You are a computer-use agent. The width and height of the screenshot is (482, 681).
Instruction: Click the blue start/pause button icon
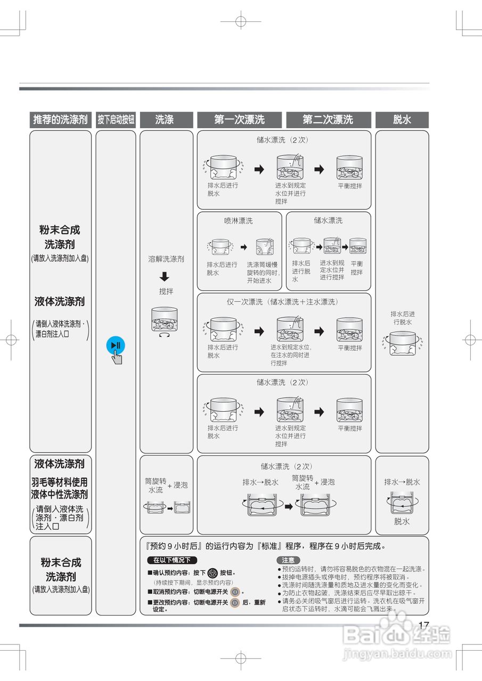pos(116,345)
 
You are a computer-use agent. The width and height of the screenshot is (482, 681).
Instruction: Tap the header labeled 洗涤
pos(165,120)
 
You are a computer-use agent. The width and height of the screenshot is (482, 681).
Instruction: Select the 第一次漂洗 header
pos(240,120)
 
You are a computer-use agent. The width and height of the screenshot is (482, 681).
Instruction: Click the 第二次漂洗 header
pos(328,120)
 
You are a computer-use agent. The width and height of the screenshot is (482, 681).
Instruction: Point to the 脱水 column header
pos(402,120)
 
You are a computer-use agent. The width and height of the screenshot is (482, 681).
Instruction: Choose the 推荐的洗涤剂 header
pos(60,120)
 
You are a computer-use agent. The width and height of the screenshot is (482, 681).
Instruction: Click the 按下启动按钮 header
pos(116,120)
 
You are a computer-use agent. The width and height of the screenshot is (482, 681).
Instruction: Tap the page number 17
pos(424,626)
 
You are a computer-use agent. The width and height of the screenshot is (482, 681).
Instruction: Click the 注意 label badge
pos(288,560)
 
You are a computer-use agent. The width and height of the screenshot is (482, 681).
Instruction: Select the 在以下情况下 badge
pos(171,560)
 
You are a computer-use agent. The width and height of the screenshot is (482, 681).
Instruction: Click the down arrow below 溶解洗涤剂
pos(165,277)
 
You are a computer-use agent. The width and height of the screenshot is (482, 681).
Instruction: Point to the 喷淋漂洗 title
pos(238,221)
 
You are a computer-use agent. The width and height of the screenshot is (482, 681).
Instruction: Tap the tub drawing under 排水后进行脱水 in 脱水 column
pos(402,343)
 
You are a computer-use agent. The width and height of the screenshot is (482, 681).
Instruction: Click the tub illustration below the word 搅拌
pos(165,320)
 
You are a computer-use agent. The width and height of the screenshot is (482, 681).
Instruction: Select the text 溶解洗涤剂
pos(166,259)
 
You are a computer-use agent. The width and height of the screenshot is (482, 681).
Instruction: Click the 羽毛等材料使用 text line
pos(59,481)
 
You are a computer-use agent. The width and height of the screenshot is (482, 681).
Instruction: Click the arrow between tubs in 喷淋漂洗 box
pos(244,247)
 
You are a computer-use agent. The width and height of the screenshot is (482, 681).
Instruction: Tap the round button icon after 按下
pos(212,573)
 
